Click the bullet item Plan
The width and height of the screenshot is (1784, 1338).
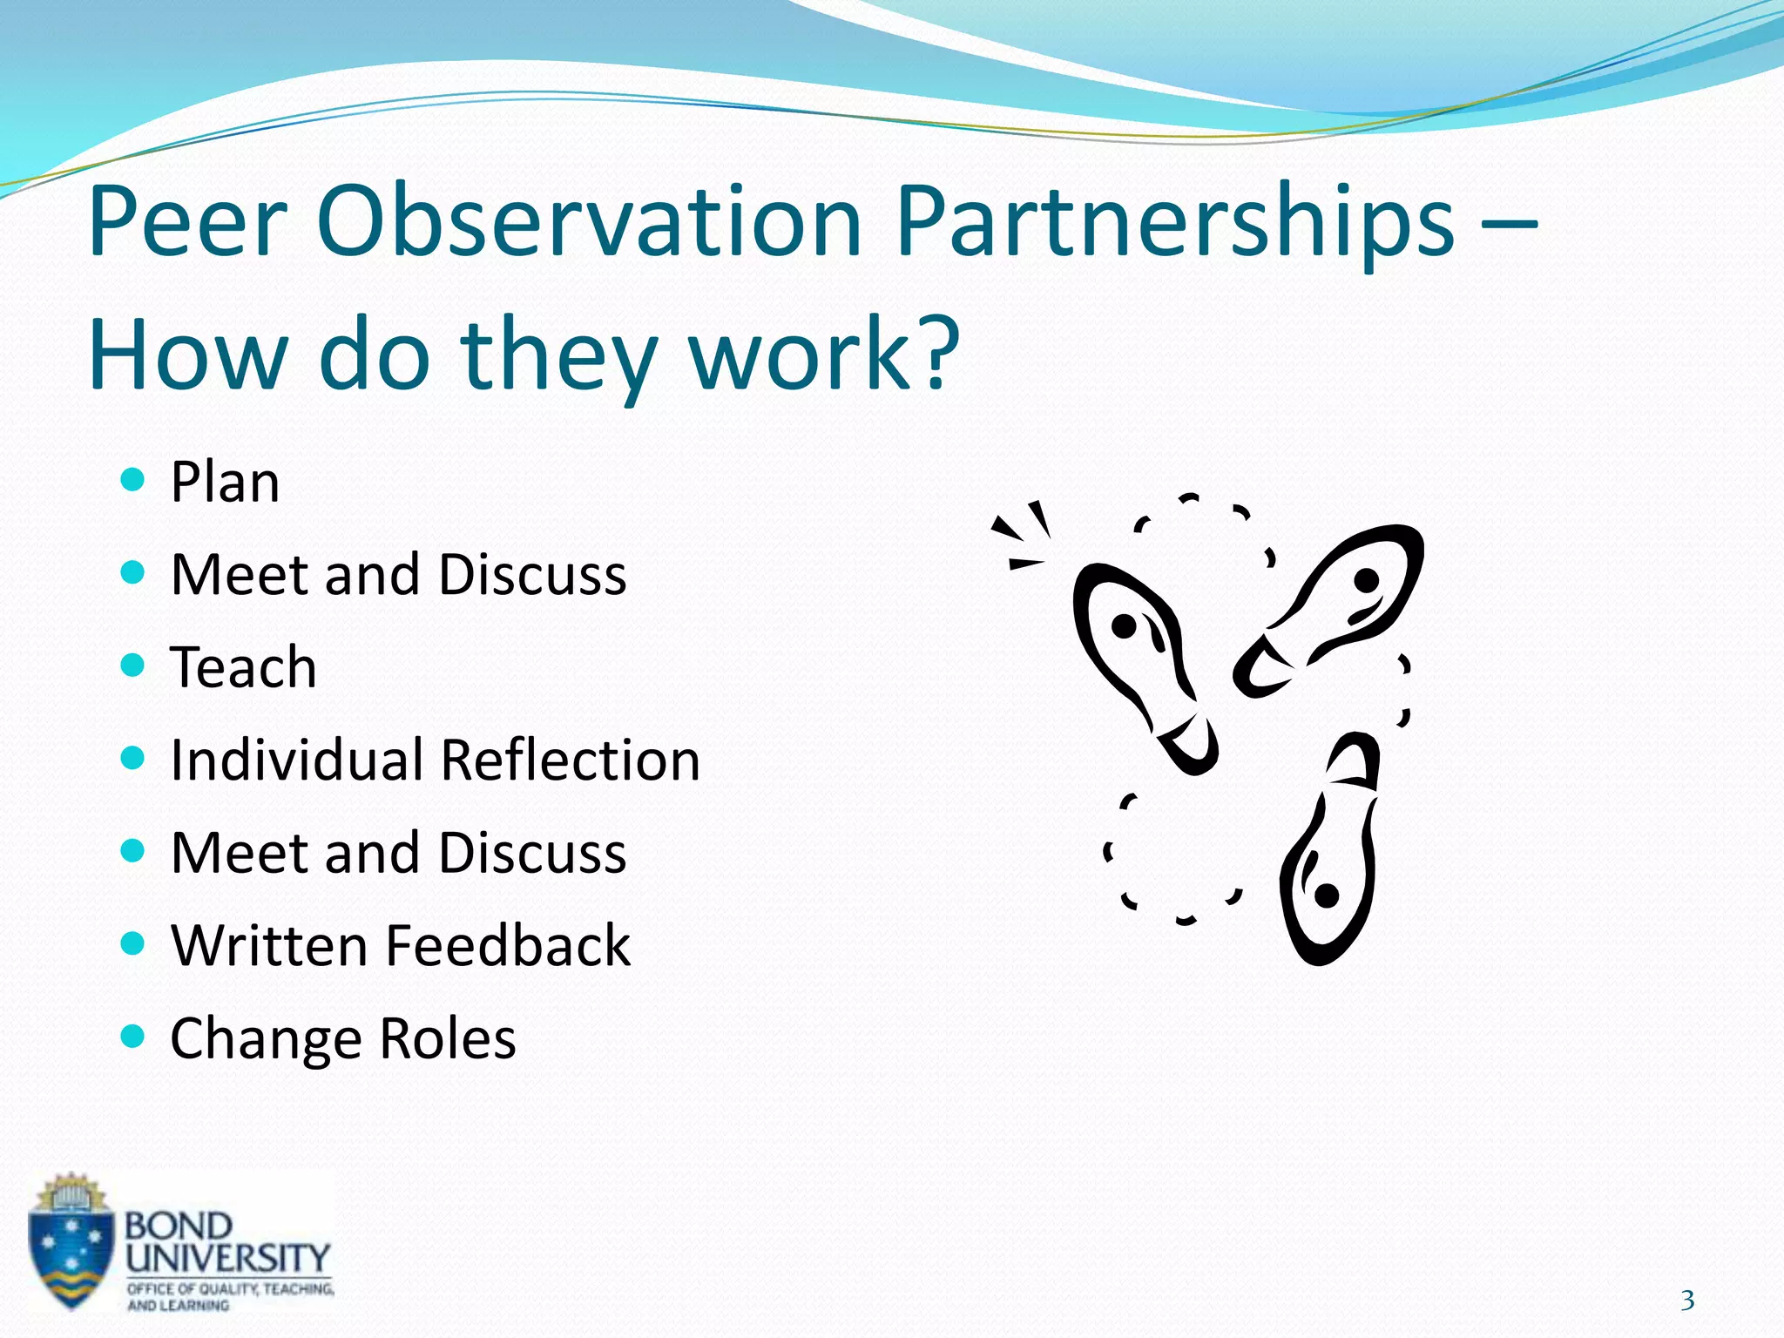click(x=225, y=482)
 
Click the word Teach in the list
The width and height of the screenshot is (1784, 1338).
click(x=243, y=667)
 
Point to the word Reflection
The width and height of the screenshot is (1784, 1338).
click(x=571, y=760)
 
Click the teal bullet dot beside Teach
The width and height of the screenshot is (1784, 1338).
click(x=132, y=666)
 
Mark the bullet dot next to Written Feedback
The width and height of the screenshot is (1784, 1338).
click(x=132, y=943)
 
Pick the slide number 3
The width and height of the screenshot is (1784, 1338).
click(x=1687, y=1301)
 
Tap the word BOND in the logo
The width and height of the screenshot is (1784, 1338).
click(x=179, y=1226)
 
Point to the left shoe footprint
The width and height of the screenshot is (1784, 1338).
click(x=1141, y=662)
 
